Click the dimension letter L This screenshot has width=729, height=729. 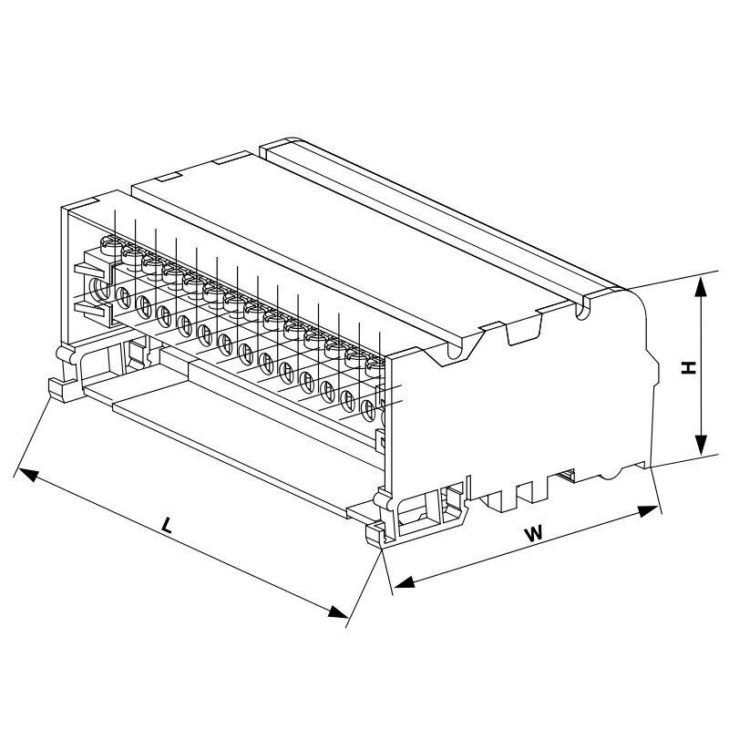coord(166,525)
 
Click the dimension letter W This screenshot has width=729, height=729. coord(534,533)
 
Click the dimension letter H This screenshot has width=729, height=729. coord(689,368)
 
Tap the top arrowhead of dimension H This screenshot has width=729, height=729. coord(702,286)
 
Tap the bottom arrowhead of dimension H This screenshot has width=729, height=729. coord(702,445)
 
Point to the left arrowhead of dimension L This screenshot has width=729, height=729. coord(28,475)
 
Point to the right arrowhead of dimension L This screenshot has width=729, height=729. coord(337,611)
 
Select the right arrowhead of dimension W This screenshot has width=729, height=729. coord(649,511)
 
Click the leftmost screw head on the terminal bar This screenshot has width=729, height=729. coord(110,244)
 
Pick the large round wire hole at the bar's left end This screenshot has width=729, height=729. coord(100,289)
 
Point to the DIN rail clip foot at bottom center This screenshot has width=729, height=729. coord(376,536)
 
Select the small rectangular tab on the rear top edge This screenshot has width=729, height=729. coord(169,177)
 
